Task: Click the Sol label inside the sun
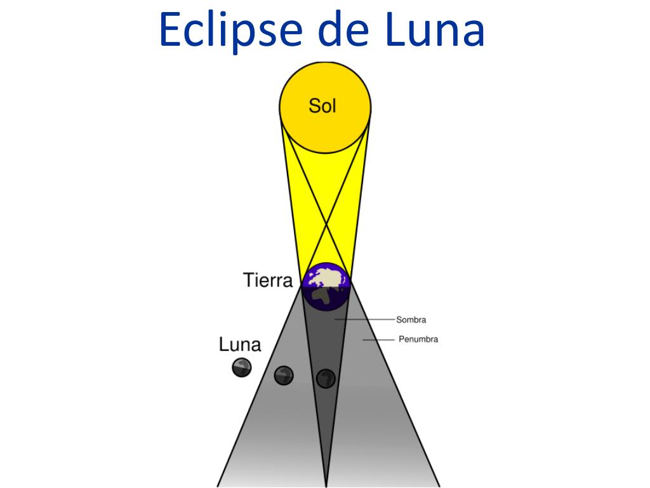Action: coord(322,105)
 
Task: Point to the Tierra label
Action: coord(268,280)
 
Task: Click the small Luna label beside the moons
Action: coord(240,345)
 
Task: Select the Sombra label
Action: coord(411,320)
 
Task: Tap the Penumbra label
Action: coord(418,339)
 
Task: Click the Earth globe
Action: coord(326,286)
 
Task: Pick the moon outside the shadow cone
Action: coord(241,367)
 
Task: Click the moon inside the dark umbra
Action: coord(326,378)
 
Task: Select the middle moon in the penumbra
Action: coord(284,375)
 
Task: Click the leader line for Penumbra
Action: coord(378,340)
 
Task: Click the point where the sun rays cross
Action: coord(326,224)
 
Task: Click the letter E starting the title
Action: coord(170,30)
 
